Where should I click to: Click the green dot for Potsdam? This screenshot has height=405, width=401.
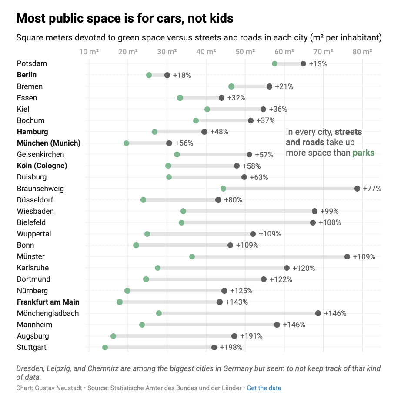(274, 64)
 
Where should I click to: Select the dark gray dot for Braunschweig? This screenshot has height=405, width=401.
(357, 189)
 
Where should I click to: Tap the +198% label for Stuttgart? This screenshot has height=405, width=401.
(231, 347)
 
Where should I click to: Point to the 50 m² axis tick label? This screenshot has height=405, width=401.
(245, 52)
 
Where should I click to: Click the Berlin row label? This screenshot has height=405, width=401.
(27, 75)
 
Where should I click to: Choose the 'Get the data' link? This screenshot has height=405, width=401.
(264, 388)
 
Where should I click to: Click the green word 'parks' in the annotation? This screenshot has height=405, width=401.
(363, 153)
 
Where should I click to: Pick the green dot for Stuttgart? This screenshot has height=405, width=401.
(105, 347)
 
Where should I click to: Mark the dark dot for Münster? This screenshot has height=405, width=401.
(347, 256)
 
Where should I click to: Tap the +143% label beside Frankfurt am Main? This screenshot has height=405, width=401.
(237, 302)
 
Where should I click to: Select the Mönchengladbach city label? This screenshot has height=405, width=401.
(48, 313)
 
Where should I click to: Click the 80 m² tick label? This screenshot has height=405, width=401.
(362, 52)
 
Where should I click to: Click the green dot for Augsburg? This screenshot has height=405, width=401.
(113, 336)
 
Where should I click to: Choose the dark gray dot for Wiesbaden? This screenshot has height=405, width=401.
(314, 211)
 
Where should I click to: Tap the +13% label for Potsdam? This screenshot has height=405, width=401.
(318, 64)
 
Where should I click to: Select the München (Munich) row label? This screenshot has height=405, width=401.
(49, 143)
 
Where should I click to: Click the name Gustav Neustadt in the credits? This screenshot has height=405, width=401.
(58, 388)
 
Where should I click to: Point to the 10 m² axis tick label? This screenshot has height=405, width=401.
(89, 52)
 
